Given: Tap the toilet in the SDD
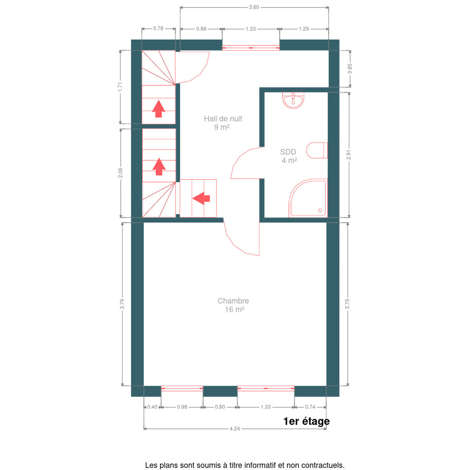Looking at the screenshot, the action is [317, 150].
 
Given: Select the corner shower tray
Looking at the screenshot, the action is [308, 198].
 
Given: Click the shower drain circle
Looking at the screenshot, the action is [320, 210].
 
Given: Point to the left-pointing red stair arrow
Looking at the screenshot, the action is [201, 198].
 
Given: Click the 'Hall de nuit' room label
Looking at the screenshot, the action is [223, 119].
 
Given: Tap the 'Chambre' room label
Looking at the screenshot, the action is [233, 301].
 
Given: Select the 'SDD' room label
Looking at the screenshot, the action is [288, 152].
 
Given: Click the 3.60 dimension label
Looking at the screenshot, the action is [254, 7].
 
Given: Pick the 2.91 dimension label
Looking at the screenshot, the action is [349, 155].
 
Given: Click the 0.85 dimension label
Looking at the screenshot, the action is [350, 69].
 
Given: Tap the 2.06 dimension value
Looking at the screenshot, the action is [120, 173].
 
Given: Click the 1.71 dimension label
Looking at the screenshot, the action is [120, 87].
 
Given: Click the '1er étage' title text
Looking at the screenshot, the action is [306, 421].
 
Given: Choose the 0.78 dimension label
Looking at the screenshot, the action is [158, 28].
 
